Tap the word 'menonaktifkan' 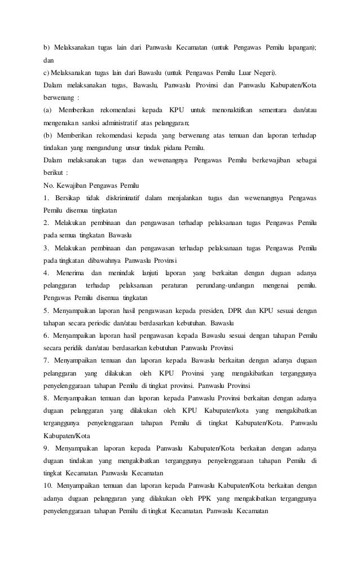click(227, 108)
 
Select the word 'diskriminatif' click(117, 198)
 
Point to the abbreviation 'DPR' click(235, 312)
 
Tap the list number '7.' click(46, 361)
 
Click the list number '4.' click(46, 273)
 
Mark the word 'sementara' click(274, 108)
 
